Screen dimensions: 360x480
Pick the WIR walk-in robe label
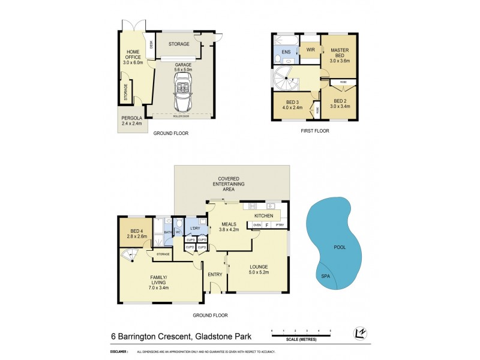pyautogui.click(x=310, y=49)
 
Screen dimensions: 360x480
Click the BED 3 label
pyautogui.click(x=291, y=104)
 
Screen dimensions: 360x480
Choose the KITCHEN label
pyautogui.click(x=264, y=215)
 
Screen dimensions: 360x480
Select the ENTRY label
pyautogui.click(x=215, y=274)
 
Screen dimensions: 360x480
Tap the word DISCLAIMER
pyautogui.click(x=120, y=351)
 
